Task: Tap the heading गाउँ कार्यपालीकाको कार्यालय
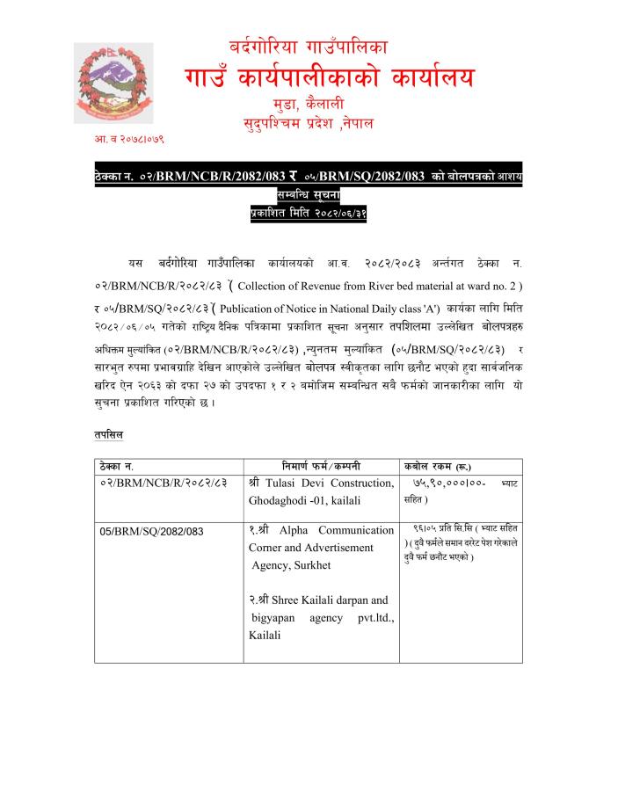point(330,77)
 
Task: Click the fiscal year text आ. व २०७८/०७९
point(129,139)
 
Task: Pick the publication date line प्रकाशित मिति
point(308,212)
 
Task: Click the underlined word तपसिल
point(109,434)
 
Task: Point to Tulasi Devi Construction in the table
point(328,483)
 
